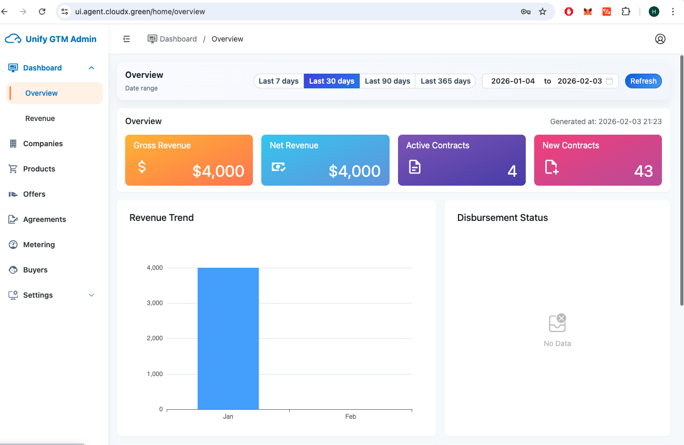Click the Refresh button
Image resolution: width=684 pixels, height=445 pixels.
[643, 81]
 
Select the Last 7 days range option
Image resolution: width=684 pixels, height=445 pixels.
[279, 81]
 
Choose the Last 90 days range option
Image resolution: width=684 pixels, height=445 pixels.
[387, 81]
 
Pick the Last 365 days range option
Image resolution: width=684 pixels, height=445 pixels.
[445, 81]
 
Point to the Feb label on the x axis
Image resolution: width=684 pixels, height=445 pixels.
[351, 417]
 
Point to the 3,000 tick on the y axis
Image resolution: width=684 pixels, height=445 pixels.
[154, 303]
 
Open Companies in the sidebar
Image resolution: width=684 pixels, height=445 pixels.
[43, 144]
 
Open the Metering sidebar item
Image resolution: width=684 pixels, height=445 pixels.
[39, 245]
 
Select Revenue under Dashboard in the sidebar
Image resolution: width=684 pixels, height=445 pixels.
[40, 118]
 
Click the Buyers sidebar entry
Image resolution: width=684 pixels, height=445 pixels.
[35, 270]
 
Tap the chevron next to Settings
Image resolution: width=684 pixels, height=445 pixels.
[91, 295]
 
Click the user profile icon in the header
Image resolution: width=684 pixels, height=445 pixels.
[660, 39]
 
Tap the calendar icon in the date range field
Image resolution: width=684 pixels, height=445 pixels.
[609, 81]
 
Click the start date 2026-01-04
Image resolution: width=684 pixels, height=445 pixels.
[513, 81]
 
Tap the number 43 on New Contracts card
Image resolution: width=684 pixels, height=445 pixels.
[644, 171]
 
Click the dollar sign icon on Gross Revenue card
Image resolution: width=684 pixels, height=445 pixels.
[141, 167]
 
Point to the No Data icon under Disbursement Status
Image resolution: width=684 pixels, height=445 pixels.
[557, 323]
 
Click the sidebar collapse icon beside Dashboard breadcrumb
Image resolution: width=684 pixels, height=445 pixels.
[127, 39]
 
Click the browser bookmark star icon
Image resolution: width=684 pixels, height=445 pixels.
[543, 12]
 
